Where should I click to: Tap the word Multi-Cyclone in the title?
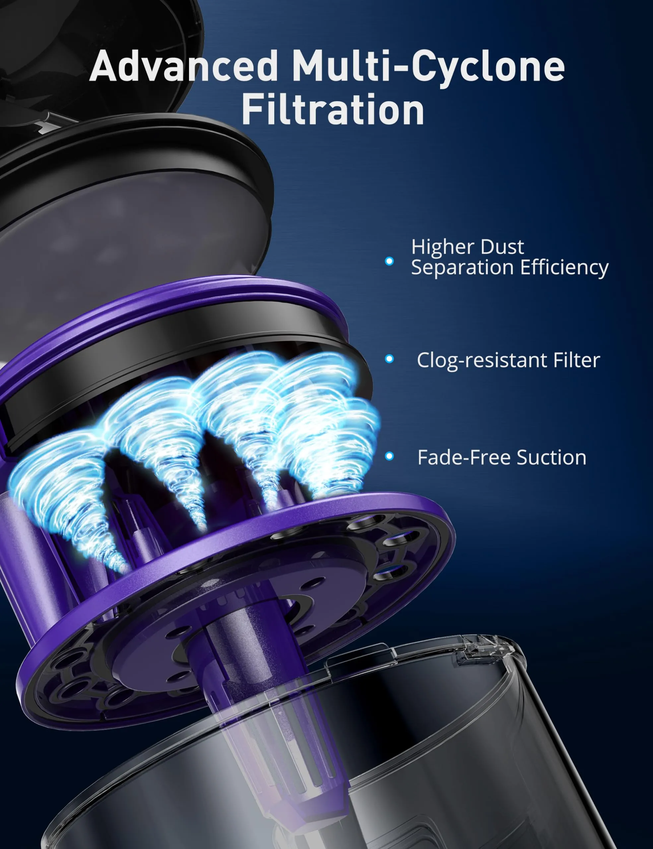pos(427,67)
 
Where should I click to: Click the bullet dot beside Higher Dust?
pos(389,261)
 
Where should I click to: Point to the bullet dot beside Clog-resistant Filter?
pos(389,359)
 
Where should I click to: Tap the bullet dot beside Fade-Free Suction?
pos(389,456)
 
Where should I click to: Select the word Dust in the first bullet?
pos(502,247)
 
